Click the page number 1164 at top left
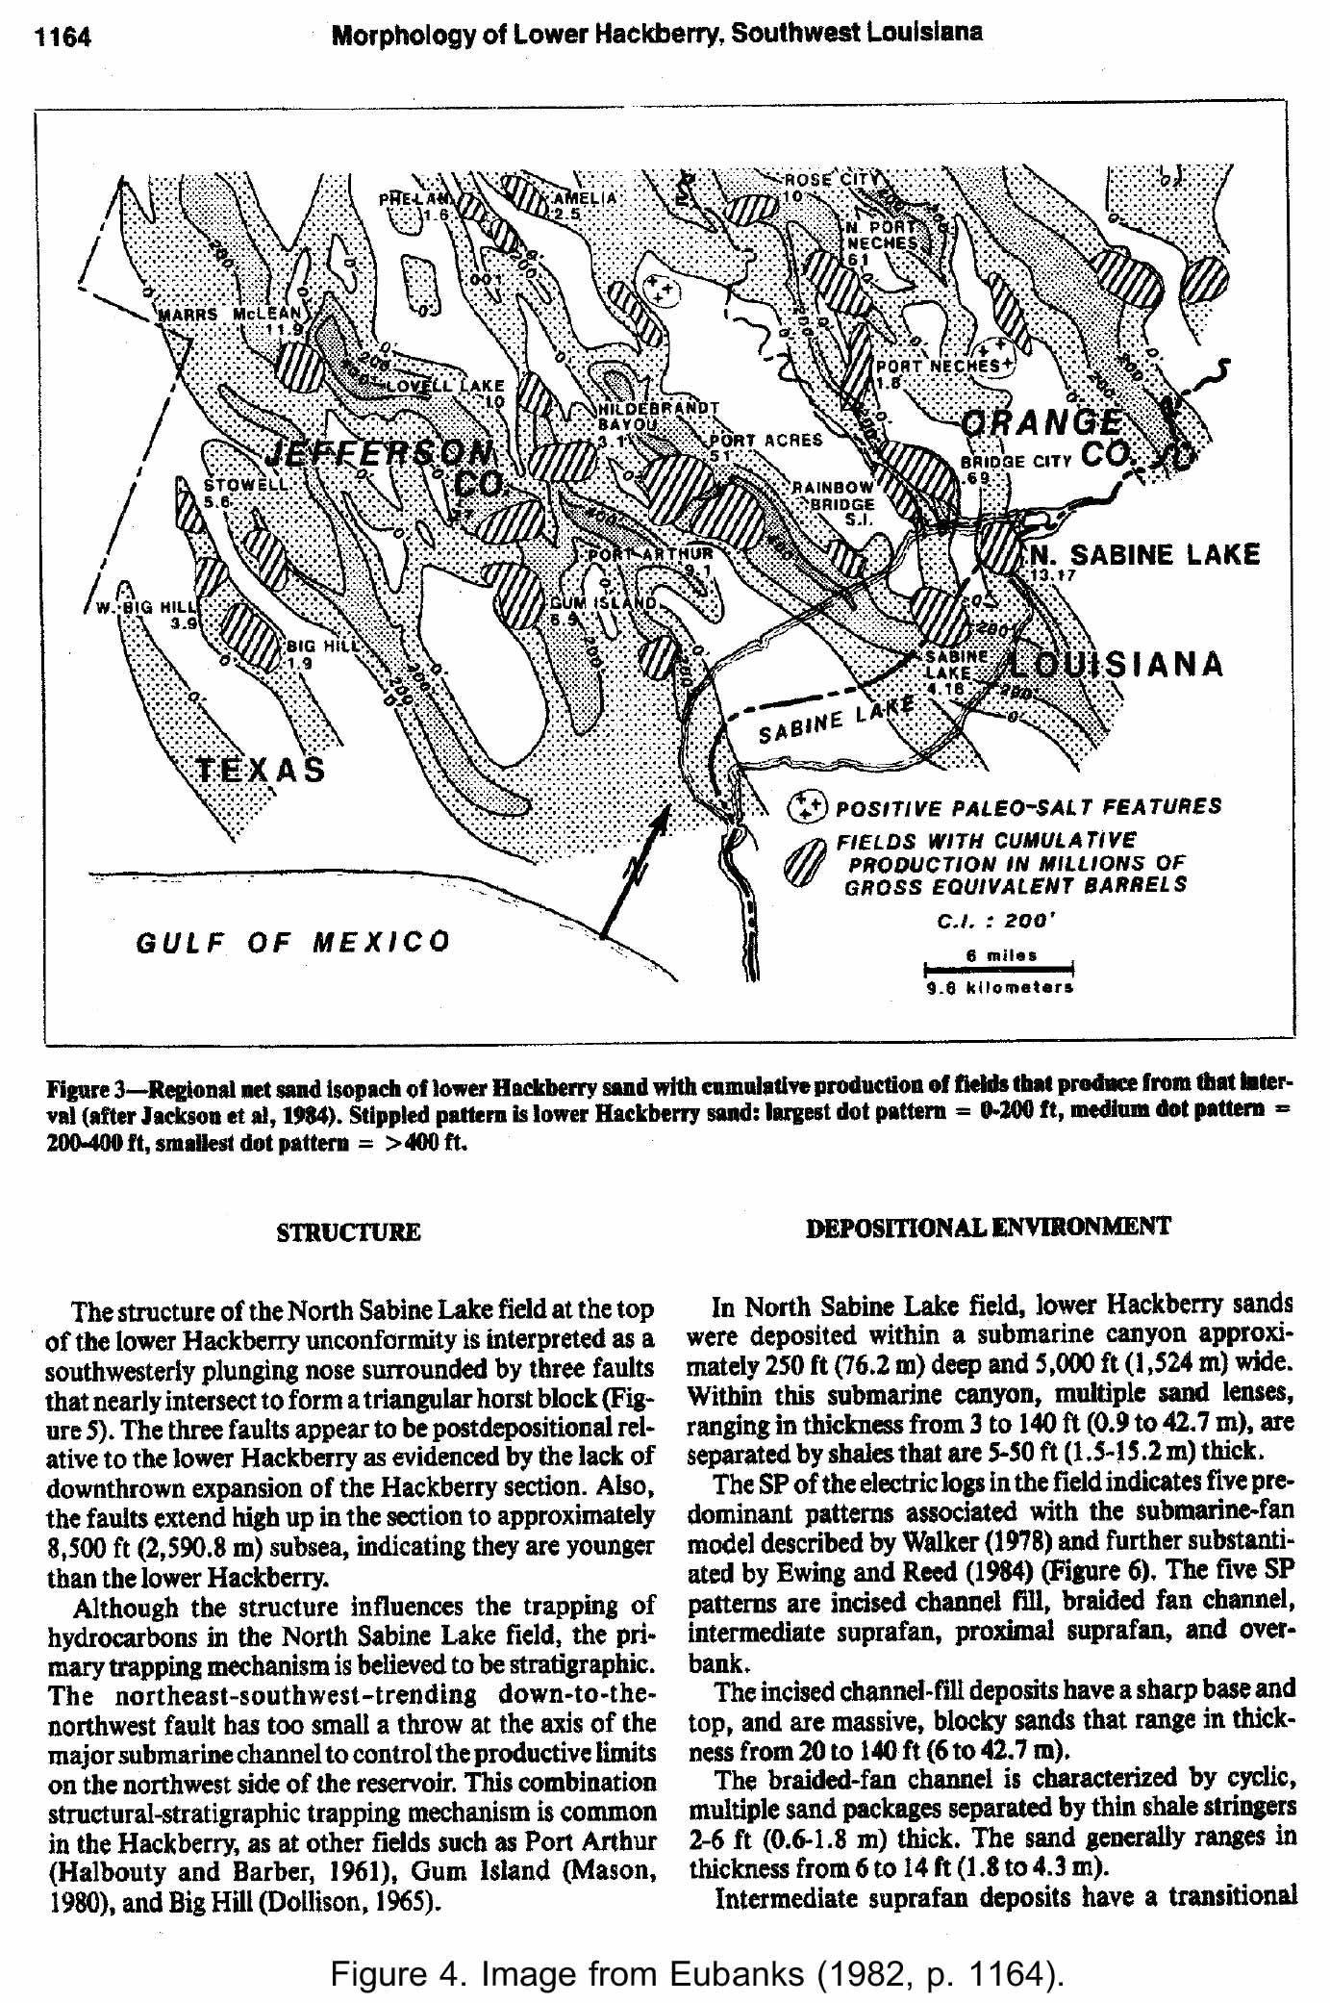pos(63,38)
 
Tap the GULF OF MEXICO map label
pos(292,941)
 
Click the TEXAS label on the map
pos(262,771)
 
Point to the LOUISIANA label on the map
pos(1116,665)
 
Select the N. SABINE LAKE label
pos(1144,555)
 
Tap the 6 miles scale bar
pos(999,968)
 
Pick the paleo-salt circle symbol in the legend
pos(807,806)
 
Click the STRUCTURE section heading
pos(348,1232)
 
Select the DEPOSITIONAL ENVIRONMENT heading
pos(989,1227)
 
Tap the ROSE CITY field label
pos(831,180)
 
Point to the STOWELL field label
pos(245,485)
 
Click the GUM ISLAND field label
pos(602,603)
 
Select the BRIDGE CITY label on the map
pos(1015,462)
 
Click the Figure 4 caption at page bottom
pos(697,1974)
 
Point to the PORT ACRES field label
pos(765,441)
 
